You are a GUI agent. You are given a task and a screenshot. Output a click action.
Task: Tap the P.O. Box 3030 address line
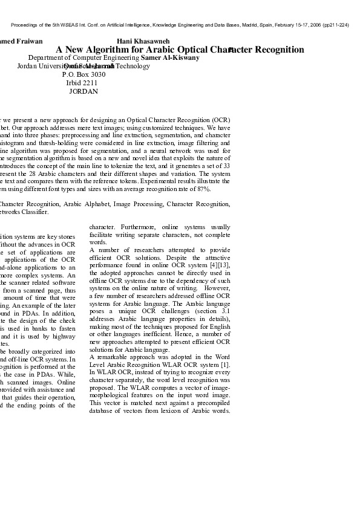(83, 74)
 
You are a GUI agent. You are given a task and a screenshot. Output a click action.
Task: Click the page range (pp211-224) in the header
(336, 25)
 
